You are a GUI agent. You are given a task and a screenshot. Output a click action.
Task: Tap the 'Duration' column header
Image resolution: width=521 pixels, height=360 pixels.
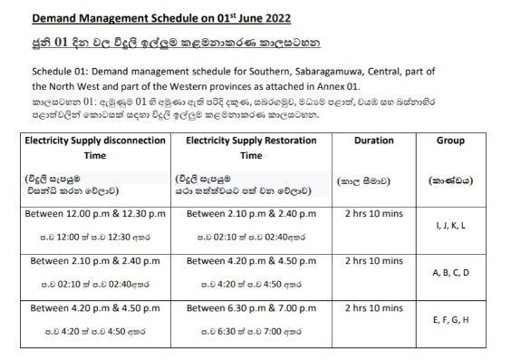click(x=368, y=141)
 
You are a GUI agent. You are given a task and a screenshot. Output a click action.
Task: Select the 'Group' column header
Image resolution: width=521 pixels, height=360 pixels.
click(x=449, y=141)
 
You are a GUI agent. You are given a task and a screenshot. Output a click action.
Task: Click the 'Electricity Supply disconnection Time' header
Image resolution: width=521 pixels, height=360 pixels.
click(x=94, y=148)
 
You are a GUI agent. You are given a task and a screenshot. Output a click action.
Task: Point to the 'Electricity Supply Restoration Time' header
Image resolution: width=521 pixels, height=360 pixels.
click(x=250, y=148)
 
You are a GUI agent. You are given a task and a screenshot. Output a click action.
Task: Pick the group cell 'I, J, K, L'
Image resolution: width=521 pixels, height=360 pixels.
click(x=450, y=225)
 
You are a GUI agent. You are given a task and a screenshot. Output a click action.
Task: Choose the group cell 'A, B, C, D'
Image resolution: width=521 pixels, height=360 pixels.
click(x=450, y=272)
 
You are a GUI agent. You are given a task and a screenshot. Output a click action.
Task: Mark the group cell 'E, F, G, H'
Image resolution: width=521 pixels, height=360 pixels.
click(x=450, y=319)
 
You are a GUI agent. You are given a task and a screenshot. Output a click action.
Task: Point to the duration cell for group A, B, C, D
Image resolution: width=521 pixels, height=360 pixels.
click(x=368, y=260)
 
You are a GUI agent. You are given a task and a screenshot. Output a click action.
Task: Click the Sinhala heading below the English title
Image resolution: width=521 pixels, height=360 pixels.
click(x=171, y=43)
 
